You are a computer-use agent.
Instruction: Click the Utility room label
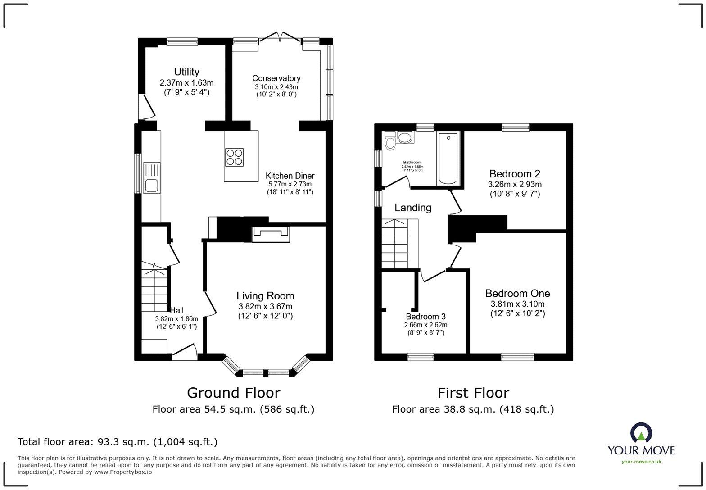click(x=186, y=72)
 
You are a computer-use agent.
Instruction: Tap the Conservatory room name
click(x=276, y=78)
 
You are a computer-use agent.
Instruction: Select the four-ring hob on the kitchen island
click(x=234, y=157)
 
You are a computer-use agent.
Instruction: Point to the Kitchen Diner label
click(x=290, y=176)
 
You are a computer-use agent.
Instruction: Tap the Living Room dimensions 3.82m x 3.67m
click(x=265, y=306)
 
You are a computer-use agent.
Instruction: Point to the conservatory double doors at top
click(x=280, y=37)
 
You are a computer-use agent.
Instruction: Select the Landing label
click(x=413, y=208)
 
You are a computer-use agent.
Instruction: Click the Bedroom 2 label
click(x=515, y=174)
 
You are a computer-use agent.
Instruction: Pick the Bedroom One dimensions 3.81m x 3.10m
click(x=517, y=304)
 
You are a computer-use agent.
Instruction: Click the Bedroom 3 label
click(x=425, y=317)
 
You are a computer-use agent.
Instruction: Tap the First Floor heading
click(x=473, y=393)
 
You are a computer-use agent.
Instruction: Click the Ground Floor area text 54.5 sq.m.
click(x=233, y=409)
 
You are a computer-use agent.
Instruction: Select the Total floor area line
click(x=117, y=442)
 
